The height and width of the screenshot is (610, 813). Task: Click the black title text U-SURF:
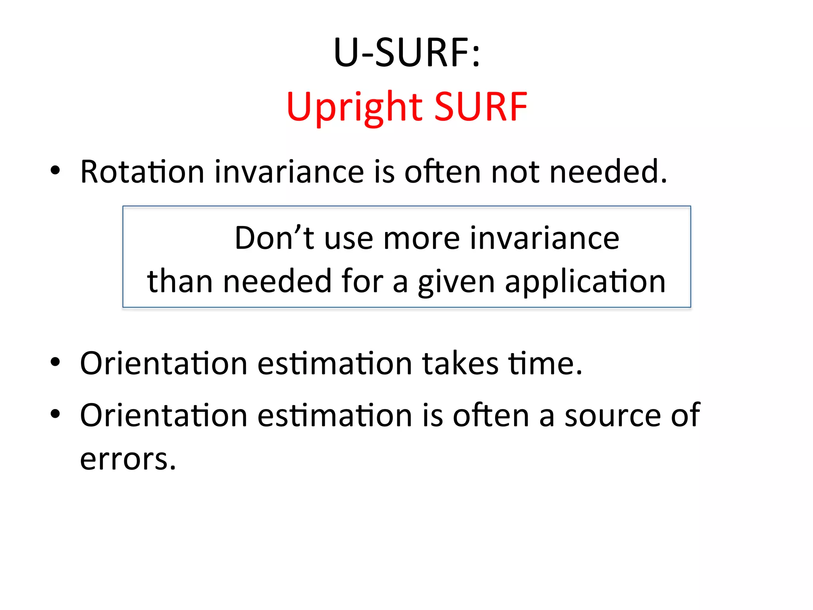coord(406,52)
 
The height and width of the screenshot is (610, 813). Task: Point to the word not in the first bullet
coord(515,172)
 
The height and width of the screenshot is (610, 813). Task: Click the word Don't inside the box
coord(274,238)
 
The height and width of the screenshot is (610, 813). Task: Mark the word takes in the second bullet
coord(460,363)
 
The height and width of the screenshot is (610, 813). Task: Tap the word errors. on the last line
coord(128,459)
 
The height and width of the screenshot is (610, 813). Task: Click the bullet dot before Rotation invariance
coord(55,171)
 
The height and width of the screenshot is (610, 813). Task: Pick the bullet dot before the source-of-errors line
coord(55,414)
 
